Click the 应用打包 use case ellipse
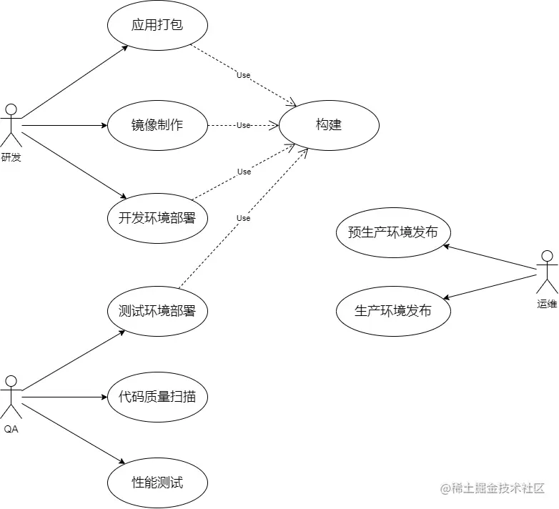(157, 25)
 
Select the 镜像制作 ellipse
(157, 125)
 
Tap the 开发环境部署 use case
(157, 218)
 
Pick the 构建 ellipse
(329, 125)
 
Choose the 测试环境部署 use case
(157, 311)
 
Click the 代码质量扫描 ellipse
(157, 397)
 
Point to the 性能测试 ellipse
(157, 483)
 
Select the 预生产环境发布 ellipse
(393, 232)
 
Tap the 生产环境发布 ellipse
(393, 311)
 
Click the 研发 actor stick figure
(11, 125)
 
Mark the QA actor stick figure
(11, 397)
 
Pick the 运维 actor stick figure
(547, 272)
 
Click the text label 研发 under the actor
(11, 157)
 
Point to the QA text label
(11, 429)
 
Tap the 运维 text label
(547, 303)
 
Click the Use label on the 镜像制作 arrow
(244, 125)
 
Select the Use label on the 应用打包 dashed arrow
(244, 75)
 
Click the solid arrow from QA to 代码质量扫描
(64, 397)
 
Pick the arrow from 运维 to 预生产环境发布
(490, 258)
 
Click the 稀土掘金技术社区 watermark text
(493, 488)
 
